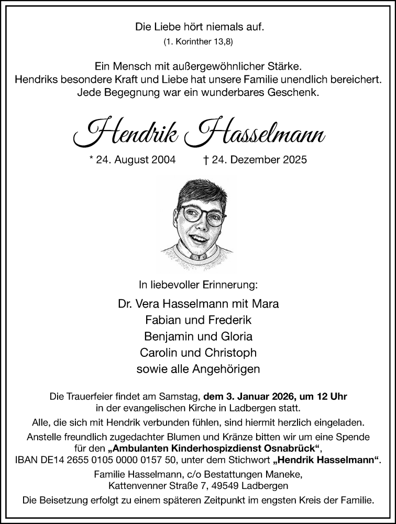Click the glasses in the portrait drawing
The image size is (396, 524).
tap(202, 215)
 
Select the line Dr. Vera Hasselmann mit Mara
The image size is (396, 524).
tap(198, 303)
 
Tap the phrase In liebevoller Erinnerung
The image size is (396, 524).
tap(198, 285)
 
